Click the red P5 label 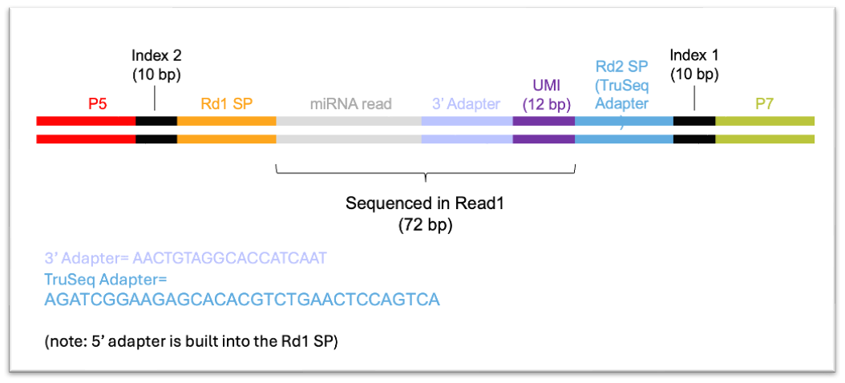coord(98,104)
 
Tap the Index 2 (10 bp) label coord(157,65)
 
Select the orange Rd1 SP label coord(227,104)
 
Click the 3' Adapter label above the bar coord(466,104)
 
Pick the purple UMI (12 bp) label coord(544,94)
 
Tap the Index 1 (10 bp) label coord(694,65)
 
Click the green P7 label coord(765,104)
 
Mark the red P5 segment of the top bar coord(87,121)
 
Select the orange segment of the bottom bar coord(227,139)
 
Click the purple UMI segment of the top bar coord(544,121)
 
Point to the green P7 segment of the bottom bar coord(765,139)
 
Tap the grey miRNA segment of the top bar coord(349,121)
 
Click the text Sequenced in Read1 coord(425,204)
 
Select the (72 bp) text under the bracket coord(425,225)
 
